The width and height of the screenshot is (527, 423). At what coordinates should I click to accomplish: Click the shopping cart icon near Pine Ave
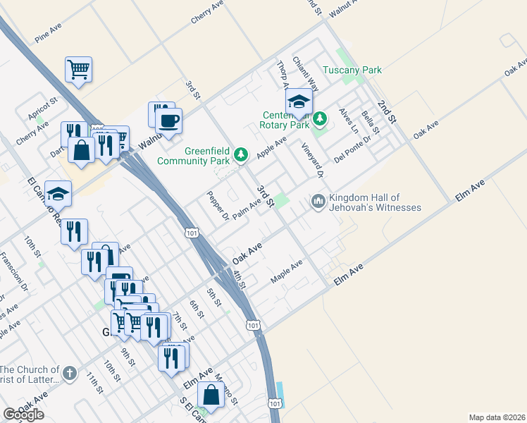coord(79,69)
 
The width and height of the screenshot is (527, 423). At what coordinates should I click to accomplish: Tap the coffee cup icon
coord(168,121)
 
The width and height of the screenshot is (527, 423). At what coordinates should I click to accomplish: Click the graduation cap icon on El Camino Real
coord(58,193)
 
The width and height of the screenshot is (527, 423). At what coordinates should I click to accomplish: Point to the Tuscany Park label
coord(352,70)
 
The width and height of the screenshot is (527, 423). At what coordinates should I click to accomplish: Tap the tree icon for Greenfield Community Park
coord(241,154)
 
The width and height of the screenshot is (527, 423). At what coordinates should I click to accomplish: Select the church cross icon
coord(69,373)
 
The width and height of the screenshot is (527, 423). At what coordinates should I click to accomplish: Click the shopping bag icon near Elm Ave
coord(211,395)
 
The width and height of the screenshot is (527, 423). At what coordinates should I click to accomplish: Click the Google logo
coord(23,414)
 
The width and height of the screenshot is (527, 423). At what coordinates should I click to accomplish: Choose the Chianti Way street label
coord(306,74)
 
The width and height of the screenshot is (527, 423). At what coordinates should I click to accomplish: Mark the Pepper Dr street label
coord(217,205)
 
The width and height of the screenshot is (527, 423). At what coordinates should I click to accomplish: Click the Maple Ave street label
coord(287,272)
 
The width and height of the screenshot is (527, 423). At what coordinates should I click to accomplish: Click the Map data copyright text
coord(497,417)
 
